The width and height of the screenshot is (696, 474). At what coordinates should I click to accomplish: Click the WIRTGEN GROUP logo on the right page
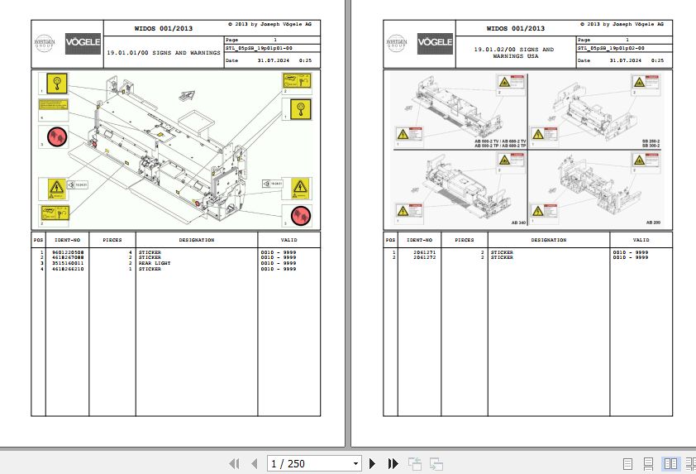coord(398,42)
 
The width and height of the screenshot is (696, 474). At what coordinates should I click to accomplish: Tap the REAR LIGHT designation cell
coord(155,263)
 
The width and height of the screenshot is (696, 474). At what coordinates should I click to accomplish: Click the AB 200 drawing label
coord(653,223)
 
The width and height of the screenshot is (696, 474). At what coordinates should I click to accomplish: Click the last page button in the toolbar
coord(393,463)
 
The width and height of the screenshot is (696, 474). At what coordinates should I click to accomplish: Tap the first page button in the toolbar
coord(234,463)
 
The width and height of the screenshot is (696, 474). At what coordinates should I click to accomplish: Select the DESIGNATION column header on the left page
coord(197,240)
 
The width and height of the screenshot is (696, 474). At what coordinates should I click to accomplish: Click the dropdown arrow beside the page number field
coord(355,464)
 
